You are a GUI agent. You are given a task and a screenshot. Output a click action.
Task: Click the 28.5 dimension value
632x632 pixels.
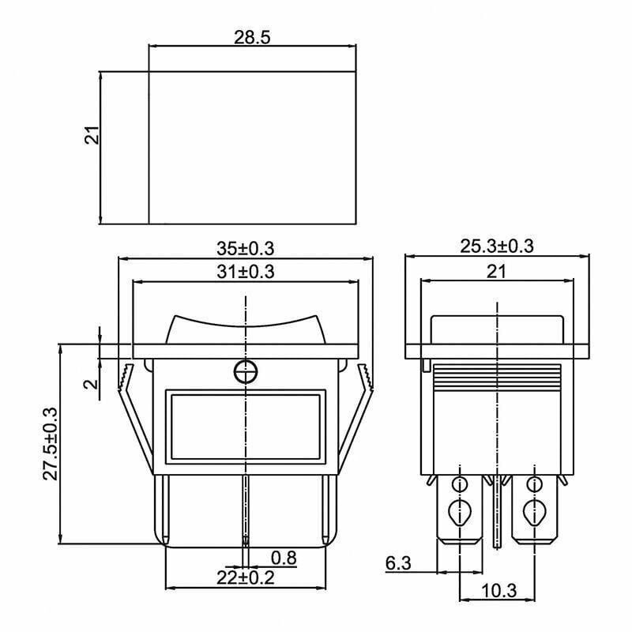click(x=252, y=37)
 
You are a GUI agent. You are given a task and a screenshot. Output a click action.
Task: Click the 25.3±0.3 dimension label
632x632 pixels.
click(x=497, y=246)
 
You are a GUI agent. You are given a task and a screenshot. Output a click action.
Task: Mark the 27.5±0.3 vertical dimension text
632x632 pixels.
click(x=51, y=443)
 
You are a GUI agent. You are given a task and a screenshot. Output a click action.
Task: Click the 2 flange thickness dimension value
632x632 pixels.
click(x=91, y=384)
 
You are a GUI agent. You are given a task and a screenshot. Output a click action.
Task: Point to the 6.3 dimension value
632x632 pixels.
click(x=398, y=563)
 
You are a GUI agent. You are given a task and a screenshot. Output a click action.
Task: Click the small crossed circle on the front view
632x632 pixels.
click(x=246, y=371)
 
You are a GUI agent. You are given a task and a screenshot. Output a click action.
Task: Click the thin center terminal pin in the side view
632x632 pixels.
click(x=497, y=513)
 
